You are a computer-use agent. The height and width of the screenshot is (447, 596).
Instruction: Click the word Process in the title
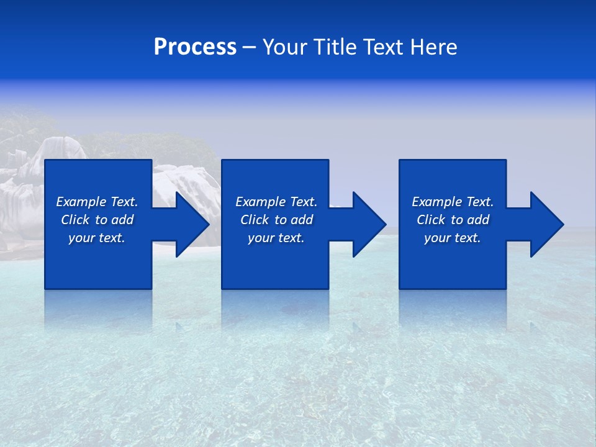click(x=195, y=47)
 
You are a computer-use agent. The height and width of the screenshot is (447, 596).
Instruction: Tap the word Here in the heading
click(x=433, y=47)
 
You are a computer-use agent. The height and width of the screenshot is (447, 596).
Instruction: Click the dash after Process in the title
click(x=249, y=48)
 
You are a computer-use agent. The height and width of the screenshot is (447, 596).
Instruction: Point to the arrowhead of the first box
click(x=192, y=224)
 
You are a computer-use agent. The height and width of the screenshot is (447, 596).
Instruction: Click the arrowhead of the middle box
click(x=369, y=224)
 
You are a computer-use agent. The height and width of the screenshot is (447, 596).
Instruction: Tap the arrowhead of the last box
click(x=546, y=224)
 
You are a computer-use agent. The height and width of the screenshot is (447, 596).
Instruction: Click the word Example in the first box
click(x=81, y=202)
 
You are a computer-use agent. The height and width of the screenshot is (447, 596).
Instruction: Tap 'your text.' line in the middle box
click(x=276, y=238)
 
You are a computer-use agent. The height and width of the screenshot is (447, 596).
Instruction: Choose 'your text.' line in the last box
click(x=452, y=238)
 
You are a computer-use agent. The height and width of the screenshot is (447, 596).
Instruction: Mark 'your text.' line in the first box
click(x=97, y=238)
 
